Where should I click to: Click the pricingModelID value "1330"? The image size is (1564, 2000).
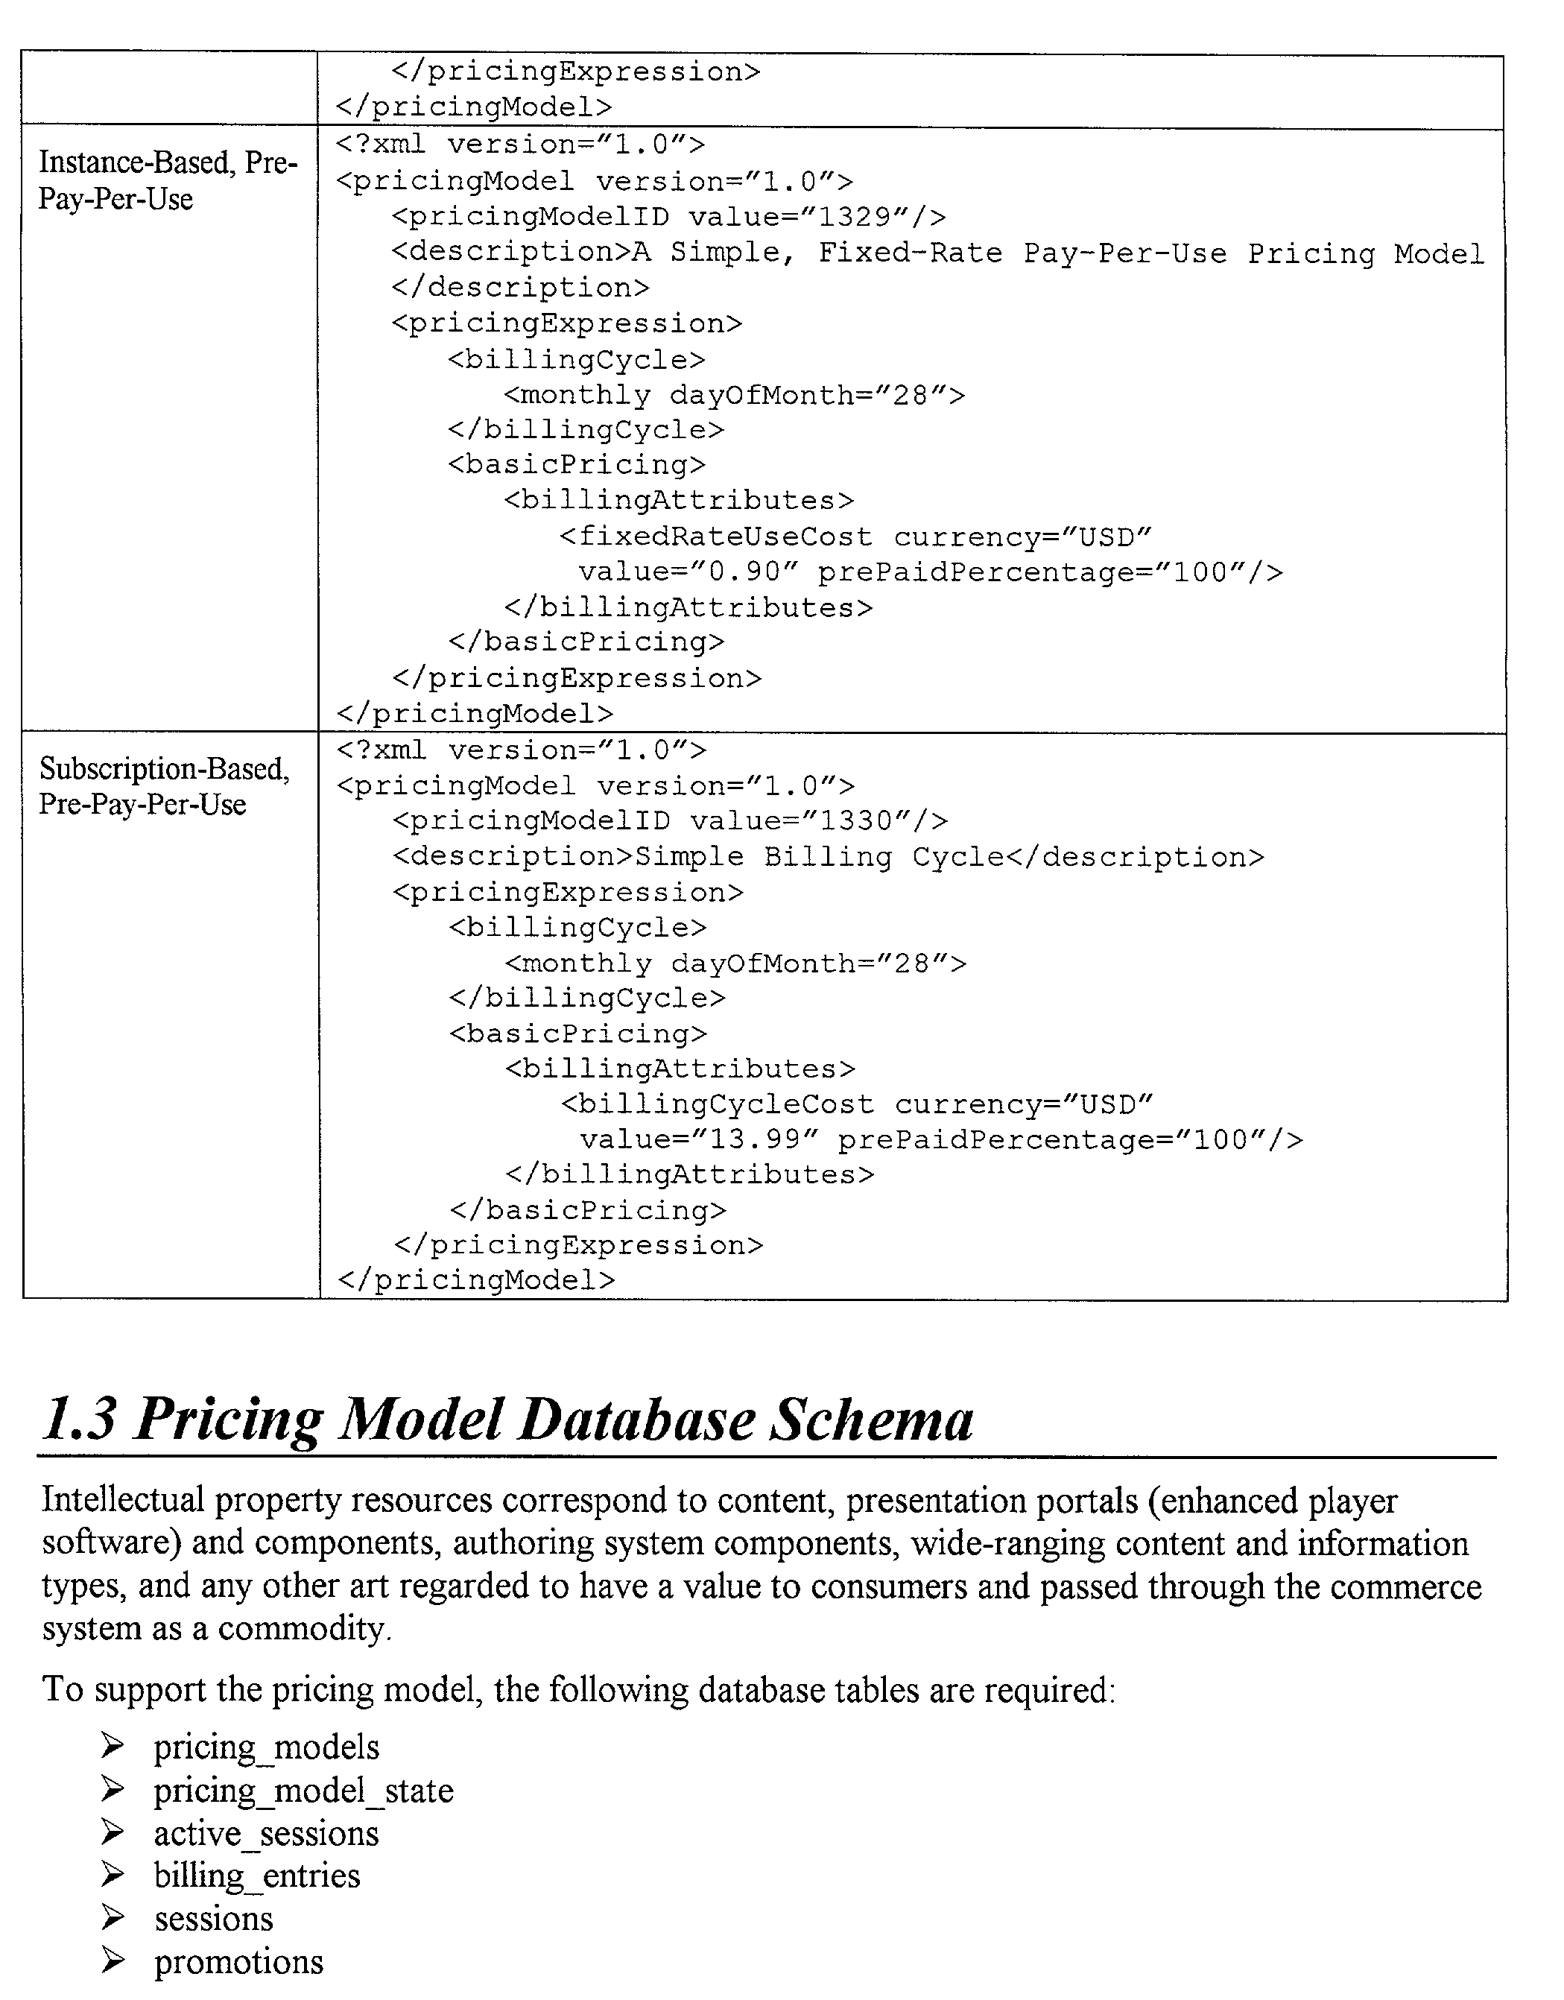click(856, 820)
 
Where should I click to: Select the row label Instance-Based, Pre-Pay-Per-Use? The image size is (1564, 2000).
click(168, 180)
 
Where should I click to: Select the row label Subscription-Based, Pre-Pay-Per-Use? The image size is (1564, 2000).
click(164, 785)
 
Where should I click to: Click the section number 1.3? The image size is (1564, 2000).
click(80, 1420)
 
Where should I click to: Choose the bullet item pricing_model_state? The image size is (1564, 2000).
click(303, 1791)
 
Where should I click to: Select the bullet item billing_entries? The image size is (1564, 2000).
click(256, 1876)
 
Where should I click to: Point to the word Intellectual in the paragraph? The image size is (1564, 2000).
click(123, 1501)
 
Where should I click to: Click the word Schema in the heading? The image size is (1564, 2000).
click(871, 1420)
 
